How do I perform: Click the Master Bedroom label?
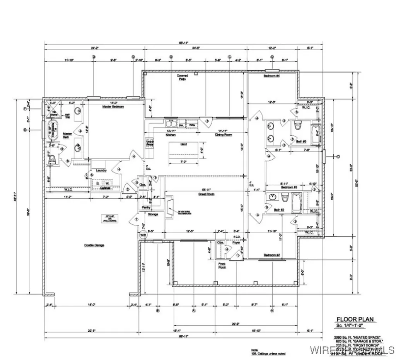[x=113, y=106]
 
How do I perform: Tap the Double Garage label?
[x=94, y=245]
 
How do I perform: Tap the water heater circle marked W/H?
[x=143, y=235]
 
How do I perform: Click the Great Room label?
[x=207, y=194]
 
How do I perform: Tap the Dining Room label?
[x=224, y=135]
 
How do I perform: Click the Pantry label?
[x=146, y=207]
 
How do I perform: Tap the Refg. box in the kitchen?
[x=191, y=125]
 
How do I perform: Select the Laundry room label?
[x=101, y=170]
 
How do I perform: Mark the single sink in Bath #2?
[x=273, y=197]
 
